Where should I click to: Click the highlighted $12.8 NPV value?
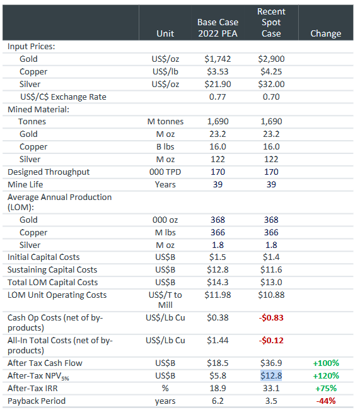point(271,376)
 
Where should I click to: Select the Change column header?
point(325,33)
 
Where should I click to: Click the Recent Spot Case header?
point(271,22)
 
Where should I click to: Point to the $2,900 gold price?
point(271,59)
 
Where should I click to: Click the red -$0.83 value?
point(271,318)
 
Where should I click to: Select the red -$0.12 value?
point(271,341)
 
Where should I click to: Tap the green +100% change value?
point(325,363)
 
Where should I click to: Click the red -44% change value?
point(325,401)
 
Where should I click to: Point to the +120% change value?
point(325,376)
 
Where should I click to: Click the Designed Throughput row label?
point(49,172)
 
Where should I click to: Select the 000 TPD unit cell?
point(165,172)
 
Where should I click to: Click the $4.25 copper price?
point(271,71)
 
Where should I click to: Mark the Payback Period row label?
point(36,401)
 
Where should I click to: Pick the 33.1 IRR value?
point(271,389)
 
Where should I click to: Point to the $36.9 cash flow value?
point(271,363)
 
